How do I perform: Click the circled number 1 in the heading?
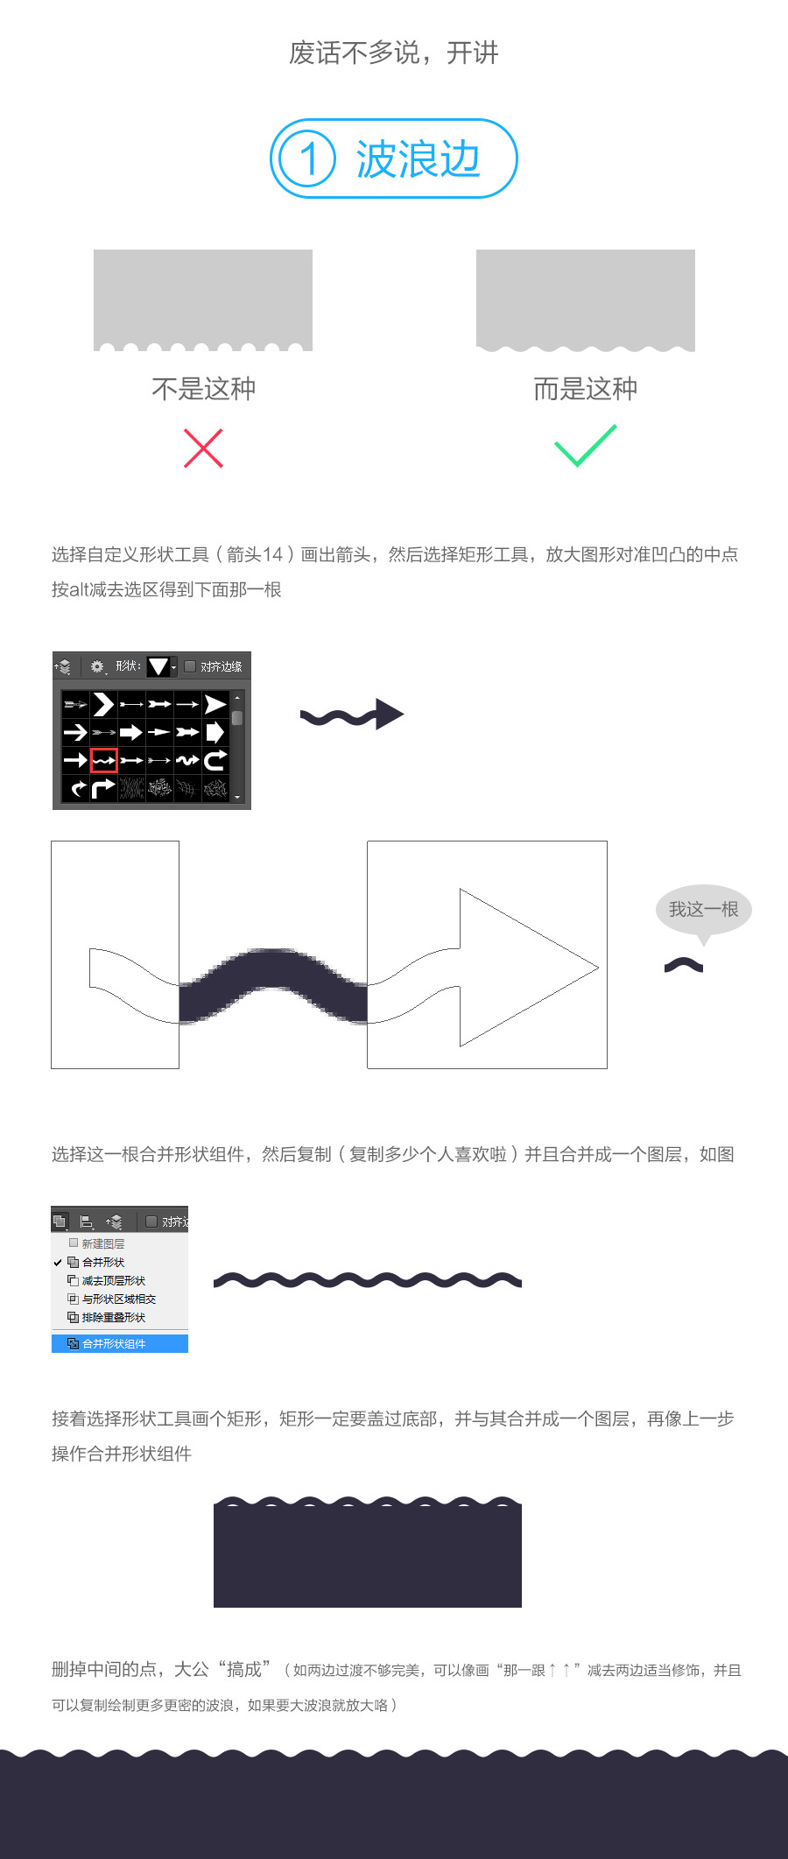tap(307, 158)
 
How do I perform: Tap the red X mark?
tap(203, 448)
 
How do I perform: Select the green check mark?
tap(586, 446)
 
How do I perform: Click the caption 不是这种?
tap(204, 389)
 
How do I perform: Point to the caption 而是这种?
tap(586, 389)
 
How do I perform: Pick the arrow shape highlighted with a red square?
tap(103, 760)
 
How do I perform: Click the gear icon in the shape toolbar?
tap(96, 666)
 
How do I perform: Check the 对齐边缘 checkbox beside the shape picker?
tap(190, 666)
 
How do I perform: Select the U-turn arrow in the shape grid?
tap(215, 760)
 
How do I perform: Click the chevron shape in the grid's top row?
tap(103, 704)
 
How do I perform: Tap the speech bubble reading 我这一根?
tap(704, 912)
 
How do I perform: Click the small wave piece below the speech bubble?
tap(684, 965)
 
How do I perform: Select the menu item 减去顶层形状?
tap(113, 1280)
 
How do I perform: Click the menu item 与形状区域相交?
tap(118, 1299)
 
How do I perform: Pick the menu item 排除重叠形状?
tap(113, 1317)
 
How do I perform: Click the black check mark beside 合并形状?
tap(58, 1263)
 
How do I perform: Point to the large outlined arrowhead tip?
tap(598, 968)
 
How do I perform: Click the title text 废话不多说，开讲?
tap(394, 53)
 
